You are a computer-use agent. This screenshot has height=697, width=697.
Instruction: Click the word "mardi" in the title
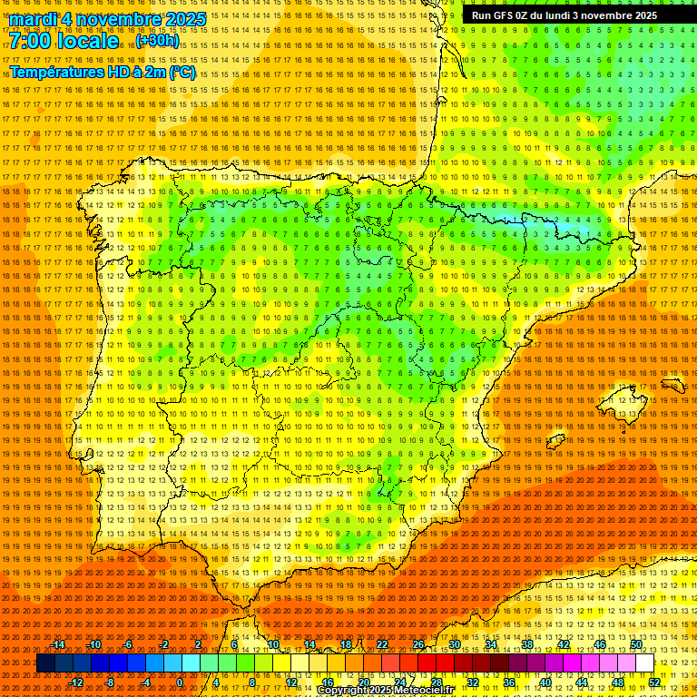tap(34, 19)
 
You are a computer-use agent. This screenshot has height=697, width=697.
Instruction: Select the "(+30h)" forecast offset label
tap(157, 42)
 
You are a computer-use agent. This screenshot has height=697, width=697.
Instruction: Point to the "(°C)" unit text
tap(182, 72)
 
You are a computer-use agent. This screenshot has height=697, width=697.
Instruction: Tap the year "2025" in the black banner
tap(645, 15)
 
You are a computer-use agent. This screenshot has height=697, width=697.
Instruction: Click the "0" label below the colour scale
tap(180, 682)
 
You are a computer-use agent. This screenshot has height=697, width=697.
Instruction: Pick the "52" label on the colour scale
tap(653, 682)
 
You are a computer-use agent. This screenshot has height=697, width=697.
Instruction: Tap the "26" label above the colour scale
tap(417, 644)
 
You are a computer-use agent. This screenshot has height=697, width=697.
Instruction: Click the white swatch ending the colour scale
tap(644, 663)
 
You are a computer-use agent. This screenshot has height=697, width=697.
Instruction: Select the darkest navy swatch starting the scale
tap(44, 663)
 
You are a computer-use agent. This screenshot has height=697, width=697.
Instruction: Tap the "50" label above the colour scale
tap(635, 644)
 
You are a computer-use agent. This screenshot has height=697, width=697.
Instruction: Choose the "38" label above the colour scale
tap(526, 644)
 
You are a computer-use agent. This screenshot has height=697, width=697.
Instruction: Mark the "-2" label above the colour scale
tap(163, 644)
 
